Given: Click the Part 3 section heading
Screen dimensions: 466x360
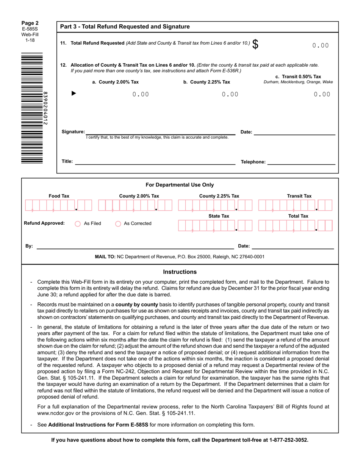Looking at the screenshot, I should [x=125, y=27].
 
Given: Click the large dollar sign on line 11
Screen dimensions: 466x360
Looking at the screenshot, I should [x=256, y=44].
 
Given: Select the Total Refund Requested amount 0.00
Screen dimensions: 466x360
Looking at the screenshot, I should [x=320, y=45].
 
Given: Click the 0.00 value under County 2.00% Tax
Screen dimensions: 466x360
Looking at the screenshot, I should [x=141, y=94].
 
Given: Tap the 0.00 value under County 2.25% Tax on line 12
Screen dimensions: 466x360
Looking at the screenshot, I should [x=230, y=94].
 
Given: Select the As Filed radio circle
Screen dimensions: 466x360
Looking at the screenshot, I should [x=78, y=224].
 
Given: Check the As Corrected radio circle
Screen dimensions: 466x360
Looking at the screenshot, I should [x=118, y=224].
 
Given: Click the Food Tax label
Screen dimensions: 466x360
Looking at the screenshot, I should [x=59, y=196].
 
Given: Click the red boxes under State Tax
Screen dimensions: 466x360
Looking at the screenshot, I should [x=214, y=225].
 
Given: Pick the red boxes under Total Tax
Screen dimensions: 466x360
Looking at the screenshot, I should [x=295, y=225].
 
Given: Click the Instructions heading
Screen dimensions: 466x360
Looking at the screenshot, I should [x=180, y=272].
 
